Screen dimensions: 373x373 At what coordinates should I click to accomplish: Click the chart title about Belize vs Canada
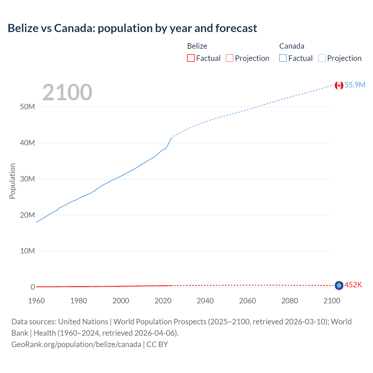(x=132, y=28)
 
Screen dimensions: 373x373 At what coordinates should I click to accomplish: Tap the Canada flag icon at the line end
(x=339, y=85)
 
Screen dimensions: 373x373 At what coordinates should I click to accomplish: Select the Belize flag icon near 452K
(x=339, y=286)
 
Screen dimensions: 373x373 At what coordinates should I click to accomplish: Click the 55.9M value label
(x=355, y=85)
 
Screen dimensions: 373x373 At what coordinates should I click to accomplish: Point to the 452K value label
(x=353, y=285)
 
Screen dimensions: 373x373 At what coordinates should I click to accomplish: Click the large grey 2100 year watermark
(x=67, y=92)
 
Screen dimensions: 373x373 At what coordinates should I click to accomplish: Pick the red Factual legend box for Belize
(x=191, y=58)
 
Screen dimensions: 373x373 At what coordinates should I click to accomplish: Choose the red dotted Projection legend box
(x=230, y=58)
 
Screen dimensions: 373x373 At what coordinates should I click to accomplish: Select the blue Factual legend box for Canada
(x=283, y=58)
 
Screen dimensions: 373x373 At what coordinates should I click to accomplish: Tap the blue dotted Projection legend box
(x=322, y=58)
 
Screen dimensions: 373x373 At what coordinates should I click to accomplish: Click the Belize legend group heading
(x=197, y=46)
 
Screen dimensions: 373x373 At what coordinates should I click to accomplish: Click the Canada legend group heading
(x=292, y=46)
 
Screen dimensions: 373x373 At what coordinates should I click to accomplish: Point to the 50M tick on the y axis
(x=27, y=107)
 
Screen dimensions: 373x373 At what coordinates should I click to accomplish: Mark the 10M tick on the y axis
(x=27, y=251)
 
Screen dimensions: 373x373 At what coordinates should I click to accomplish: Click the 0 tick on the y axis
(x=33, y=287)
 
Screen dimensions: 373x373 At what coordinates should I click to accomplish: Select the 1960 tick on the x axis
(x=36, y=301)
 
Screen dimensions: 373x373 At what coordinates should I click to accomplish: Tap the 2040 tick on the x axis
(x=205, y=301)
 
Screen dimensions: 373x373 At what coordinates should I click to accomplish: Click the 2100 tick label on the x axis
(x=332, y=301)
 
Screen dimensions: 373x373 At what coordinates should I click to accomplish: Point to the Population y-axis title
(x=12, y=181)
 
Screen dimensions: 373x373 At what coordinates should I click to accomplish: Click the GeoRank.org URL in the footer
(x=76, y=344)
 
